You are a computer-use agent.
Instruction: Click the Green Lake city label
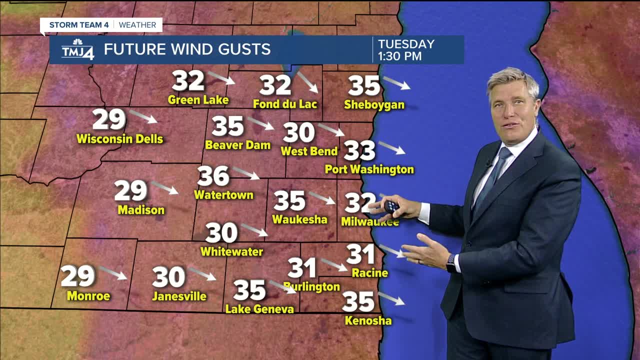198,100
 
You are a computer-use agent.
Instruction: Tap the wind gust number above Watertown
213,176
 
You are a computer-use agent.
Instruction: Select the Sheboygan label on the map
374,105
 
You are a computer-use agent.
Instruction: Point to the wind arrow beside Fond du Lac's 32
307,81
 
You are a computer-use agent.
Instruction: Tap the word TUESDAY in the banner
406,44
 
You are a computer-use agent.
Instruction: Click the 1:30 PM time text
399,56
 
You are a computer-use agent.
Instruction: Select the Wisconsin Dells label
119,139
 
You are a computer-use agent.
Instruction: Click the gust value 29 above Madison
130,190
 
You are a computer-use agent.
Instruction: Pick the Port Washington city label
369,169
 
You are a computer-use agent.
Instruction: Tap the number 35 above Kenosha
358,301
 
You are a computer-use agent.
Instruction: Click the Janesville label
179,296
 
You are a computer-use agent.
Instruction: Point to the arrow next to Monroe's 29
112,272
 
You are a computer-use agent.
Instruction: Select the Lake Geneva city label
259,309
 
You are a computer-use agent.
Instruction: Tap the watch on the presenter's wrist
451,262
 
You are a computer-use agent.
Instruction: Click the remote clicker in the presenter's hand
390,205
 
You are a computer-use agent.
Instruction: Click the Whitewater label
231,251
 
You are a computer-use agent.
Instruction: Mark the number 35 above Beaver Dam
227,126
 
